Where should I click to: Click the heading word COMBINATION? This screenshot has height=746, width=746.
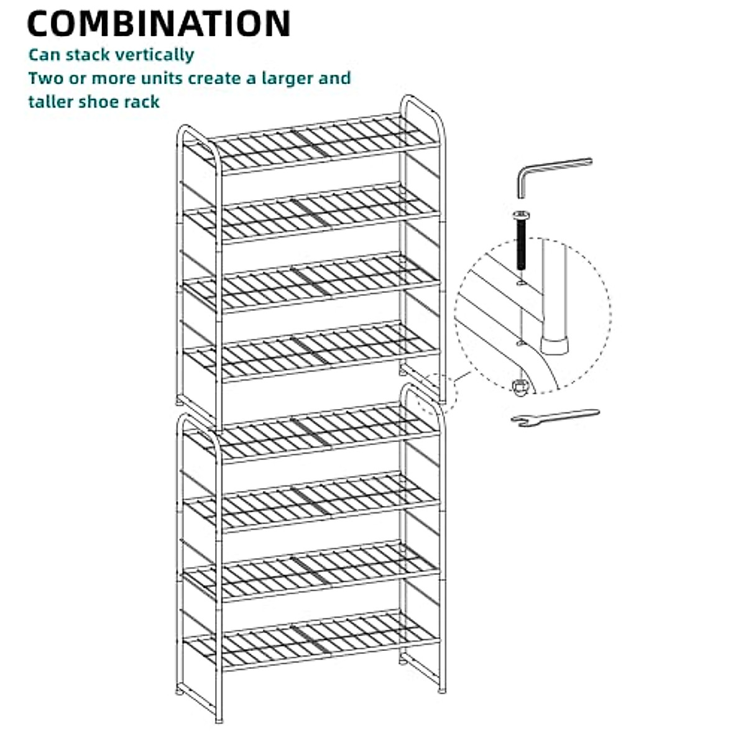[159, 23]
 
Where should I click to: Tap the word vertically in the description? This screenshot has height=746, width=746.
[158, 55]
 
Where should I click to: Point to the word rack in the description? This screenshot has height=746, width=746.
[144, 101]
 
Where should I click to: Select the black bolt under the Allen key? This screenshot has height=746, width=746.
[520, 239]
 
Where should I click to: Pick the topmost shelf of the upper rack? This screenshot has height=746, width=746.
[323, 144]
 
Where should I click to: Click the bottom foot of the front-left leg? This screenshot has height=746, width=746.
[218, 719]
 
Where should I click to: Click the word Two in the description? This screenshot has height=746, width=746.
[42, 78]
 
